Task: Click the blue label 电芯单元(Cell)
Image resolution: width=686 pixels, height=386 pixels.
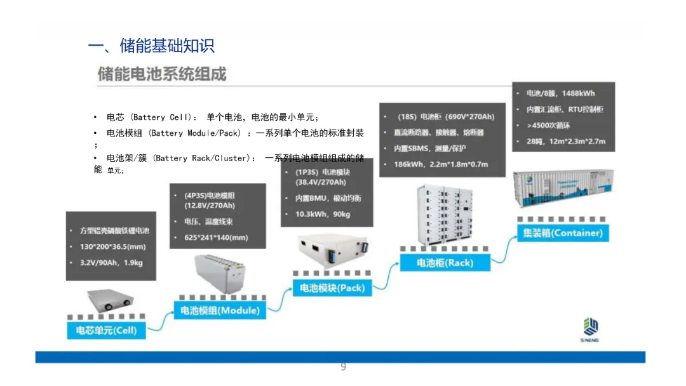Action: [106, 330]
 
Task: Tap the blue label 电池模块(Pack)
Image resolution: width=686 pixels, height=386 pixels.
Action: [332, 288]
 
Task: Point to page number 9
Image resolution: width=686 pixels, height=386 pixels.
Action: [343, 367]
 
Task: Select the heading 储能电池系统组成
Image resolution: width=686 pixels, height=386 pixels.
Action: [161, 74]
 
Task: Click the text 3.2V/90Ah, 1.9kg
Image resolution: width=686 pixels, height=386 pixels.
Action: [111, 262]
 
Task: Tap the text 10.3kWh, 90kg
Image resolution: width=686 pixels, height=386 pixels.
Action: [323, 214]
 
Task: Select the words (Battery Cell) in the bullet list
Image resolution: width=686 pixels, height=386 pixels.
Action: [160, 117]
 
